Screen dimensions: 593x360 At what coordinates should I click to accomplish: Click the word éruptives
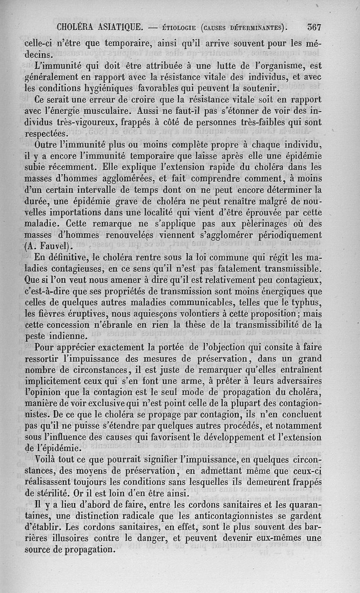coord(78,313)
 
